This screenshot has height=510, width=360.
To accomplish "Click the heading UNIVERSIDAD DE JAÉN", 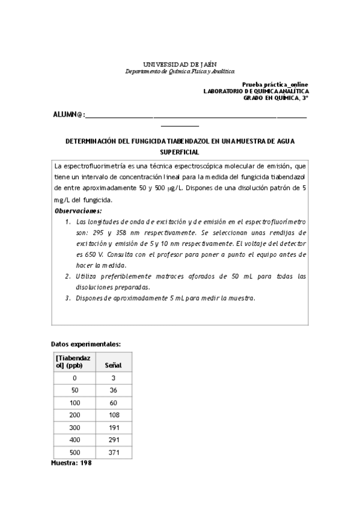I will coord(180,63).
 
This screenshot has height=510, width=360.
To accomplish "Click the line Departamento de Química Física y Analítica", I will coord(180,71).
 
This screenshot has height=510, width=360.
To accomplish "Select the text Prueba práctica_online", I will coord(275,85).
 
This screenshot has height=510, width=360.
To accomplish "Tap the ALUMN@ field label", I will coord(70,114).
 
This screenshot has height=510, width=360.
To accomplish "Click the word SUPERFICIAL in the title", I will coord(180,153).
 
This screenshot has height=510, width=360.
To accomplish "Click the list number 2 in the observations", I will coord(68,276).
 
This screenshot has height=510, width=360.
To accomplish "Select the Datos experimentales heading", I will coord(86,344).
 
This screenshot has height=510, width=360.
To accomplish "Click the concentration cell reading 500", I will coord(75,453).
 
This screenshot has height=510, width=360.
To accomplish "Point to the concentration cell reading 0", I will coord(75,378).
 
